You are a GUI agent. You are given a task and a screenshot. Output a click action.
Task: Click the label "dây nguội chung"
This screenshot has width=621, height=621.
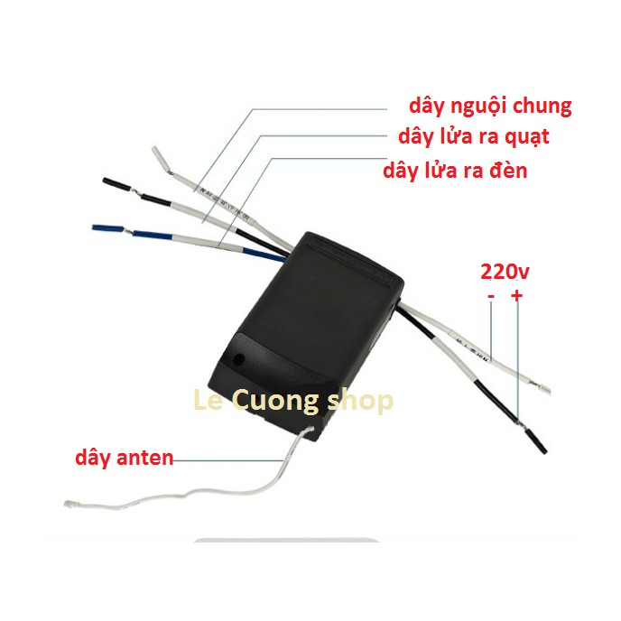click(x=489, y=106)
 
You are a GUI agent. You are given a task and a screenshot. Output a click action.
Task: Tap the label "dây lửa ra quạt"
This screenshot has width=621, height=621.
click(x=473, y=137)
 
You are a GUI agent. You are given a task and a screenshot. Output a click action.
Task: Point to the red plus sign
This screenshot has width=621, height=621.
click(x=517, y=296)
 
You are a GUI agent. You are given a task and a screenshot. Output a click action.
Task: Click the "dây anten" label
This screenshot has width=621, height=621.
click(x=124, y=459)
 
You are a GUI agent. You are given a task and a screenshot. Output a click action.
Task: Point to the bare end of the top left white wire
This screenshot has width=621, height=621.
click(x=159, y=155)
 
